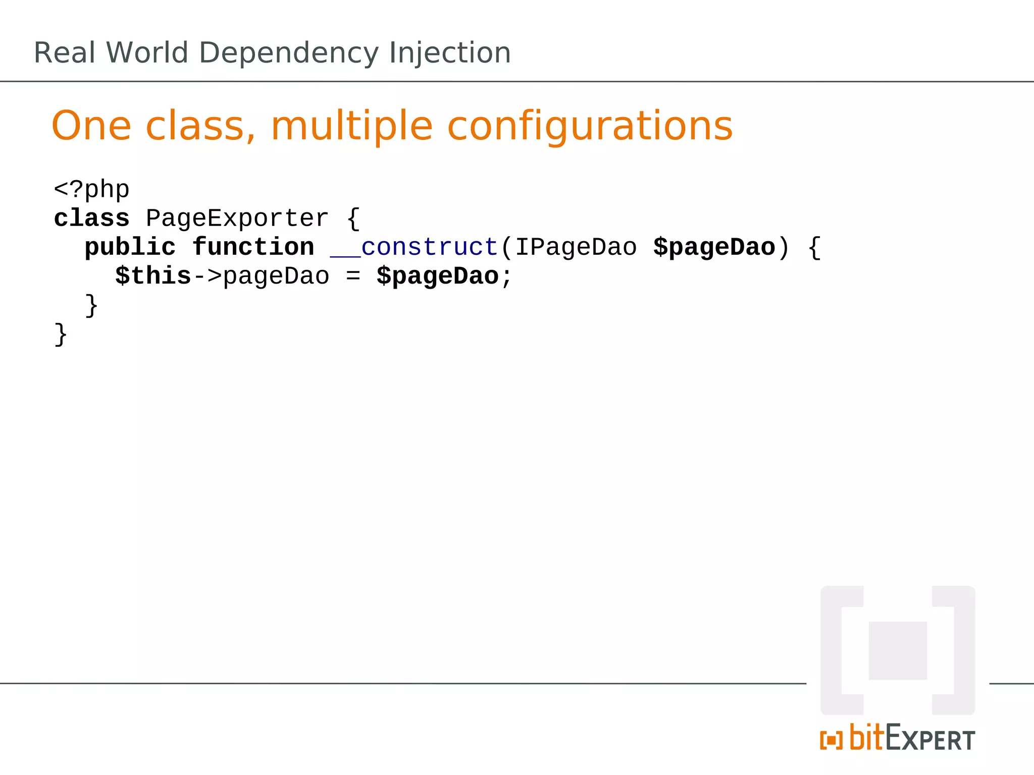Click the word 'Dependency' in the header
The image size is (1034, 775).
coord(288,53)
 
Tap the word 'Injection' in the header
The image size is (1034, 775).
coord(449,53)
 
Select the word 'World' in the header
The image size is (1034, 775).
coord(147,52)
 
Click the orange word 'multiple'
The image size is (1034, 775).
coord(351,126)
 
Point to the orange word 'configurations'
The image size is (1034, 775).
coord(590,126)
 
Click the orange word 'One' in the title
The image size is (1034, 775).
coord(91,126)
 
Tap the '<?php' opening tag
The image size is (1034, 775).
coord(91,190)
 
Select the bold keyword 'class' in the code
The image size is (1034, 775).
coord(91,218)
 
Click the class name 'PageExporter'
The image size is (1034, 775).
coord(237,218)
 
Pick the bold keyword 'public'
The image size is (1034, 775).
coord(130,247)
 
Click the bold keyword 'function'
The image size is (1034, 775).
coord(253,247)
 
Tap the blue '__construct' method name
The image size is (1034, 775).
coord(414,247)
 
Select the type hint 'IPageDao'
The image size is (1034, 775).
coord(576,247)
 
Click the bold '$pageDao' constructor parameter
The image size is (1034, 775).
coord(714,247)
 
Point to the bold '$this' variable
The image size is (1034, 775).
coord(153,276)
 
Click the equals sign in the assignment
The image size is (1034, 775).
coord(353,276)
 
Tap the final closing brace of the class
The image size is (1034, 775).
coord(61,334)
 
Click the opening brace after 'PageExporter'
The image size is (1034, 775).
coord(353,219)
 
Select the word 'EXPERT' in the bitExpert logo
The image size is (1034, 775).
coord(930,739)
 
